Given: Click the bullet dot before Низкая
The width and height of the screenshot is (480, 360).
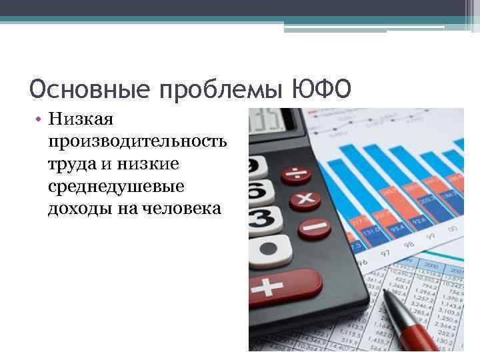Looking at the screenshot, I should point(40,120).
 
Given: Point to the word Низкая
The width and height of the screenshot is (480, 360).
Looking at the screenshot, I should point(81,120).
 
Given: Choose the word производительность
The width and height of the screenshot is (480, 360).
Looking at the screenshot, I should point(136,142).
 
